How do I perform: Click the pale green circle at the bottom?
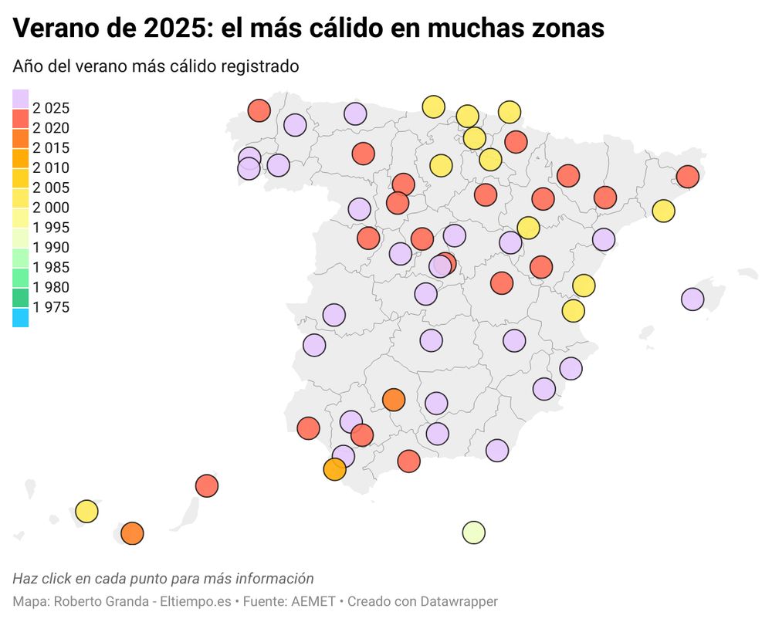tap(473, 532)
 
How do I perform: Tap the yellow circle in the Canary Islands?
tap(87, 511)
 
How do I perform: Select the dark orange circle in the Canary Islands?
tap(133, 533)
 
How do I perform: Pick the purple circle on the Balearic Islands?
tap(692, 299)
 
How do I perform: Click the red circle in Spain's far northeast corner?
tap(687, 177)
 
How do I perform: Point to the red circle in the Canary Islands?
tap(207, 485)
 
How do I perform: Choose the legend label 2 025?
tap(52, 108)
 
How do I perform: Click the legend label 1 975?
tap(52, 307)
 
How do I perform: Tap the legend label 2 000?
tap(52, 208)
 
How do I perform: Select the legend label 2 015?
tap(52, 148)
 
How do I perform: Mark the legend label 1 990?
tap(52, 248)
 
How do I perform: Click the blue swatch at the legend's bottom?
tap(21, 317)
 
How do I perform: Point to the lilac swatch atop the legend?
tap(21, 99)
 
